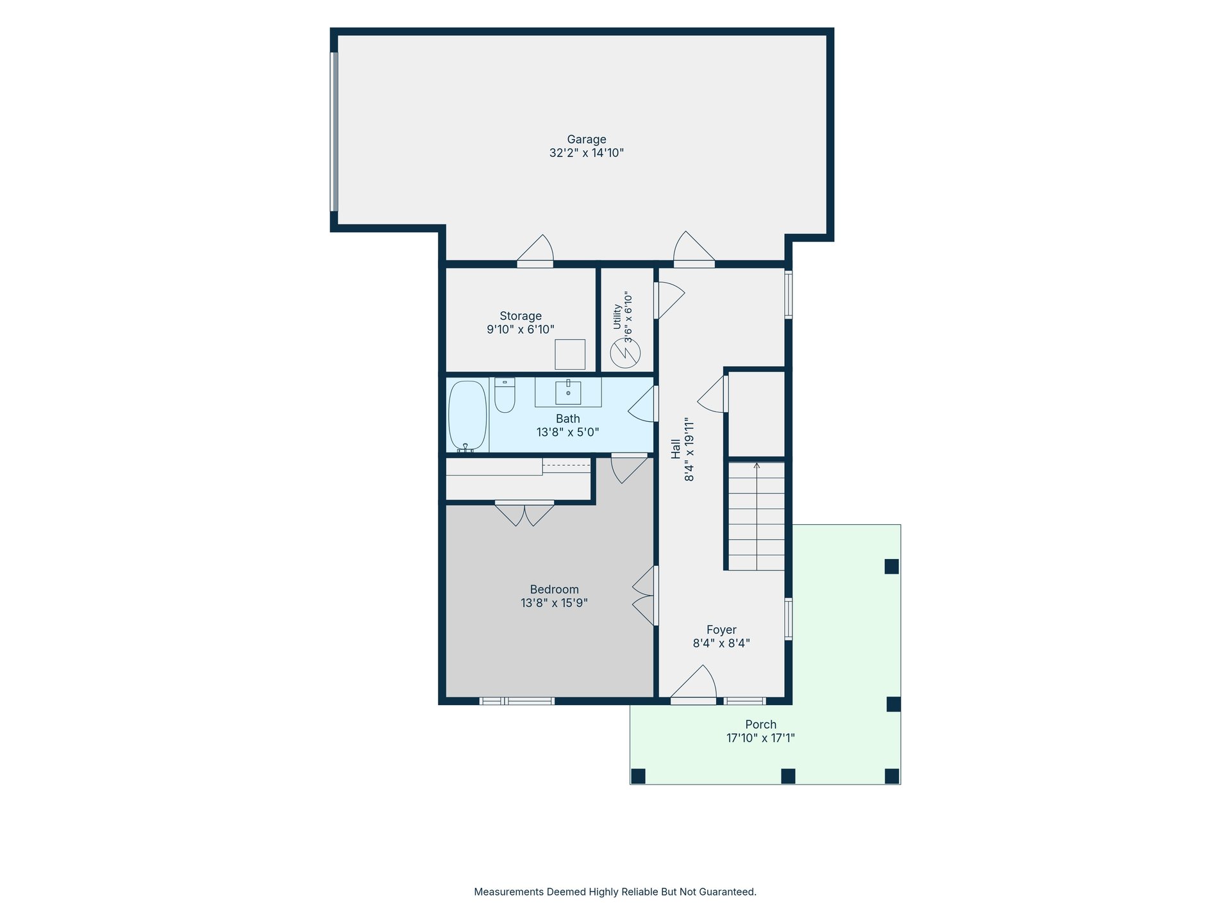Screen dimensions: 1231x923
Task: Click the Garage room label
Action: [x=586, y=140]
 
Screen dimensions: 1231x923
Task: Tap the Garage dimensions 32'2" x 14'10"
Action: [x=586, y=153]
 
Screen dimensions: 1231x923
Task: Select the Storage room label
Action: [x=521, y=316]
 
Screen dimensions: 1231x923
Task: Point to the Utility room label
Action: [x=617, y=317]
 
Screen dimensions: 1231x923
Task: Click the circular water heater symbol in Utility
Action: [x=625, y=353]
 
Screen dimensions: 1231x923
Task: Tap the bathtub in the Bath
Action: [x=467, y=416]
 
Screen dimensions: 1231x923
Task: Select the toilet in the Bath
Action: [x=505, y=395]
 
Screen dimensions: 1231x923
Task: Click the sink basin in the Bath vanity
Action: [x=568, y=392]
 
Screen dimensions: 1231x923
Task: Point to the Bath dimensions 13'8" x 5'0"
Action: [x=567, y=432]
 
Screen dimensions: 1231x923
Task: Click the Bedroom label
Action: [x=554, y=590]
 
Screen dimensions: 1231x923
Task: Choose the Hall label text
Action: [x=676, y=449]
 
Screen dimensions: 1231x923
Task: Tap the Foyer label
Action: [x=721, y=630]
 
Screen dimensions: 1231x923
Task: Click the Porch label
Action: [x=760, y=725]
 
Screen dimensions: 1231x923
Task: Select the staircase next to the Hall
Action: [x=757, y=516]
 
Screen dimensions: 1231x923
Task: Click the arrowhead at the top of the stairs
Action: [x=757, y=465]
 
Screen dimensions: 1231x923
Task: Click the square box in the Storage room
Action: [x=570, y=354]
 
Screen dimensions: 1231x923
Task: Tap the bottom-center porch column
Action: [x=788, y=776]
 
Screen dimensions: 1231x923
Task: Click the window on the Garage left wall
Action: [x=333, y=131]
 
